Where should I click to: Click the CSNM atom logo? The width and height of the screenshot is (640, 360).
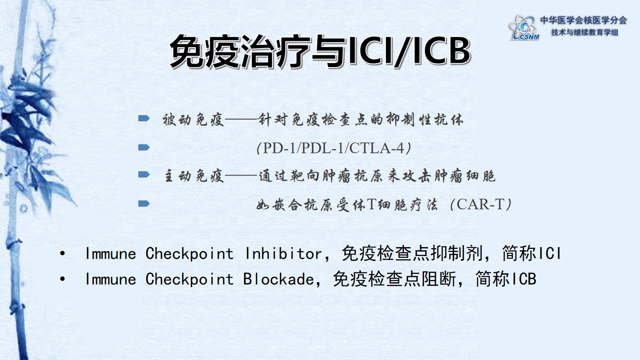pyautogui.click(x=524, y=28)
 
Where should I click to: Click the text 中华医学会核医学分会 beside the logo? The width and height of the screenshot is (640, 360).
pyautogui.click(x=584, y=20)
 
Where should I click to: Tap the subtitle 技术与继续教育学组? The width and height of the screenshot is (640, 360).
pyautogui.click(x=585, y=32)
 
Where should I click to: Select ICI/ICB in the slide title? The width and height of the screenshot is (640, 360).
pyautogui.click(x=409, y=52)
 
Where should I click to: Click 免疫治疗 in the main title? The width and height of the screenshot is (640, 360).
pyautogui.click(x=240, y=52)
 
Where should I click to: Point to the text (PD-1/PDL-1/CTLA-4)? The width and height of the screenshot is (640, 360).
pyautogui.click(x=334, y=148)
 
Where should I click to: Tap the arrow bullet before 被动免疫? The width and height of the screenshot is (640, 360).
pyautogui.click(x=144, y=118)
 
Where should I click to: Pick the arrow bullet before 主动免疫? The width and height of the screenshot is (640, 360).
pyautogui.click(x=144, y=175)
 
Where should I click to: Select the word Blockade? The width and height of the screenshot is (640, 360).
pyautogui.click(x=279, y=279)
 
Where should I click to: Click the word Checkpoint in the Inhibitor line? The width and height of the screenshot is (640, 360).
pyautogui.click(x=189, y=253)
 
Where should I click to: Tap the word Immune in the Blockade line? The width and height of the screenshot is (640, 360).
pyautogui.click(x=111, y=279)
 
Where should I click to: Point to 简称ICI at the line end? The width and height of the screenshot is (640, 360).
pyautogui.click(x=532, y=253)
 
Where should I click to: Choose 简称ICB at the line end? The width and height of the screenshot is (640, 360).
pyautogui.click(x=506, y=279)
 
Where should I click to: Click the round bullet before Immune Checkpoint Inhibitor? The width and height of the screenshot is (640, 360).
pyautogui.click(x=63, y=253)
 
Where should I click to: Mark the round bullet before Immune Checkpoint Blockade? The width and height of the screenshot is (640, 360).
pyautogui.click(x=63, y=279)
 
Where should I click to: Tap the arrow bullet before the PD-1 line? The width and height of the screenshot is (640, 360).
pyautogui.click(x=144, y=148)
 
